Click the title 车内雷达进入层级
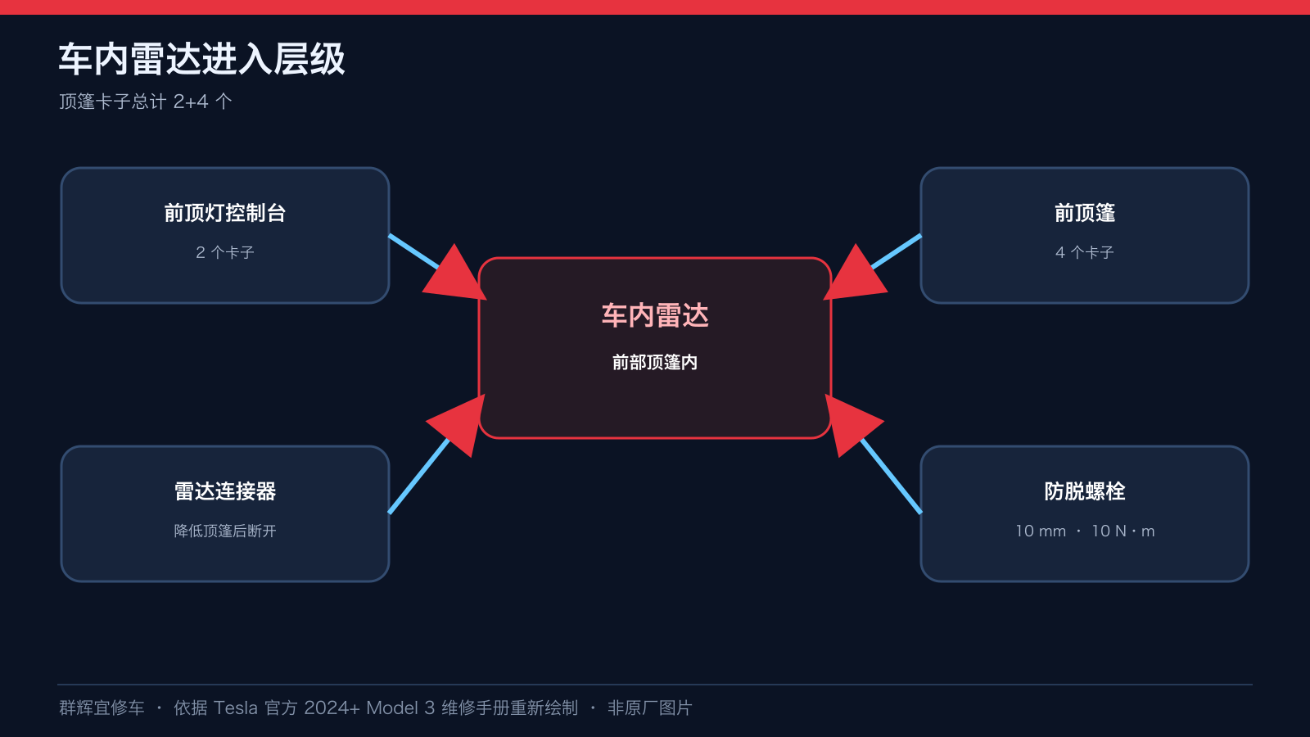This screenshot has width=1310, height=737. [201, 59]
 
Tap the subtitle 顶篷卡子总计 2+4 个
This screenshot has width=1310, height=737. [146, 102]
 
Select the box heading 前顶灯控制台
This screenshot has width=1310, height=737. [225, 213]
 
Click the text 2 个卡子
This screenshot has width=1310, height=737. [225, 253]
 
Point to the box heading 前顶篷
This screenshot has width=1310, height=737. [1085, 213]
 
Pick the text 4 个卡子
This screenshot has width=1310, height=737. [1085, 253]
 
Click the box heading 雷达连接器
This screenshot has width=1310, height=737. [225, 491]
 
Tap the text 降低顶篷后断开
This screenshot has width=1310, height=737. [225, 531]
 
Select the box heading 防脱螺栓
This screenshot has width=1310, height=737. [1085, 491]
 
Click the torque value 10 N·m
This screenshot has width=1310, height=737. [1123, 531]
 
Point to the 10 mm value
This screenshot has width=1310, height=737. [1041, 531]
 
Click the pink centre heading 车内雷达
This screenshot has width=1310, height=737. [655, 316]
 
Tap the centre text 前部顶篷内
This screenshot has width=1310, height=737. [655, 363]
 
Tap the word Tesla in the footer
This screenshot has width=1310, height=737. [236, 708]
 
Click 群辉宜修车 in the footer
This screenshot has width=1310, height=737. [102, 708]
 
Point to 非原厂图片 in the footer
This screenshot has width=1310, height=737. [650, 708]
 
